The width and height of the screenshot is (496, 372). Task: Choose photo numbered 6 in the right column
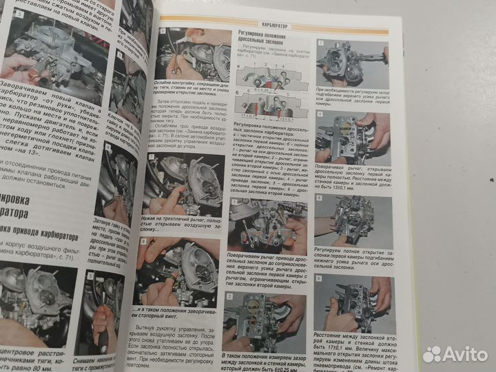[x=353, y=301]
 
